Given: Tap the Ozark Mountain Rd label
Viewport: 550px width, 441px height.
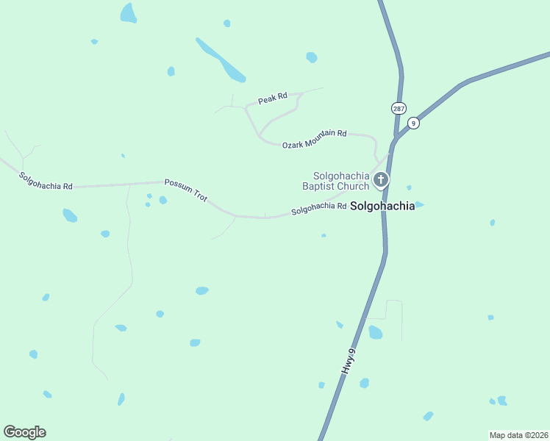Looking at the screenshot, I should (x=314, y=139).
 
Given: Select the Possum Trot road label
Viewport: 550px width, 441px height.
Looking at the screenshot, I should (x=186, y=190).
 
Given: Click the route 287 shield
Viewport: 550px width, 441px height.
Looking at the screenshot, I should (x=399, y=108).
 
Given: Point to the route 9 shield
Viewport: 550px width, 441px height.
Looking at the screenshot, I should (x=414, y=123).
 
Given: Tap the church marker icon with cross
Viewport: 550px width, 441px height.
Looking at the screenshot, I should (x=381, y=179).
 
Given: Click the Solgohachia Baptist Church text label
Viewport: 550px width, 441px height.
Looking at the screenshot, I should (x=336, y=181).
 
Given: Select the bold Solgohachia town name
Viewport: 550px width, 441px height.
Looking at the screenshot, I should (x=382, y=207).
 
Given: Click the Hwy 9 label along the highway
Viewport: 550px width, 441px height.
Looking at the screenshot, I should (x=349, y=362).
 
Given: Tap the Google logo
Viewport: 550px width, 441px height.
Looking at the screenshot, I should (x=24, y=432).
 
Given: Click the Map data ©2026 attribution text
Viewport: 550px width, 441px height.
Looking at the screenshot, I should (x=518, y=435).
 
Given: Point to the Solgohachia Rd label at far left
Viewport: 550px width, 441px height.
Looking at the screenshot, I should (x=46, y=182).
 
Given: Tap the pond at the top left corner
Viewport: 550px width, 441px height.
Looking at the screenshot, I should (x=129, y=13).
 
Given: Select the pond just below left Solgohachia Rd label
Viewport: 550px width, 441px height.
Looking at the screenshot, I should (x=70, y=215).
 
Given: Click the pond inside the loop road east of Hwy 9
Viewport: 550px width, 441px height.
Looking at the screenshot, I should (x=375, y=332).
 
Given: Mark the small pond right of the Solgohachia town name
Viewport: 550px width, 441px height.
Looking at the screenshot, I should (x=419, y=204).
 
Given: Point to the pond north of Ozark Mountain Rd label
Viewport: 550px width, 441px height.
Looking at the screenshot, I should (x=312, y=57).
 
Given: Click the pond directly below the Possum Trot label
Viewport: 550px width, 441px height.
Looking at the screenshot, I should (x=162, y=200).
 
